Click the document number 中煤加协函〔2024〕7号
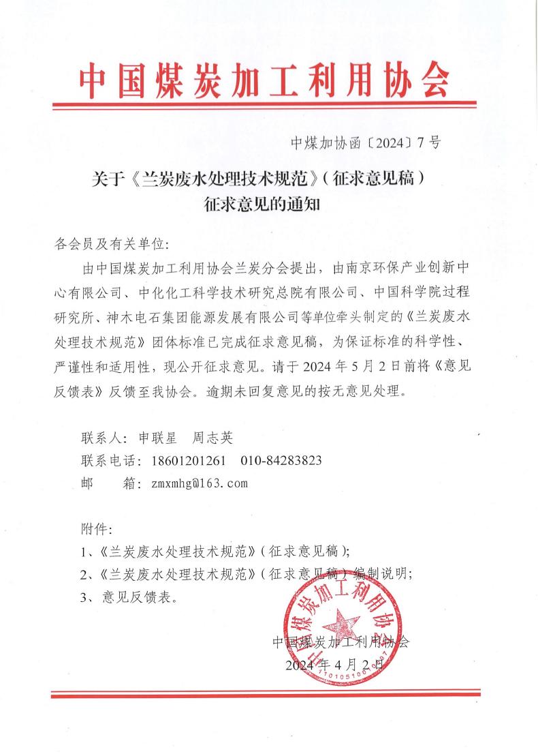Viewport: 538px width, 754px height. pos(365,142)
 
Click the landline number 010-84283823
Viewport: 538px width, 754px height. pos(281,460)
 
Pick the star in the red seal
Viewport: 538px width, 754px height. pos(340,622)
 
